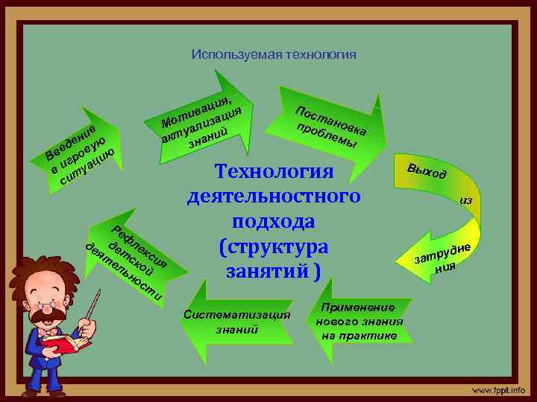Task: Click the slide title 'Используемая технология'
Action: coord(274,54)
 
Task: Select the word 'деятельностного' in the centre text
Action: coord(273,197)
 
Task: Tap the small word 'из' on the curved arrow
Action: coord(466,200)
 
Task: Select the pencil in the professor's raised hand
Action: coord(94,305)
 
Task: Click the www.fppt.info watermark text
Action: coord(497,389)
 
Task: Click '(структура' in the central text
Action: coord(273,246)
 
